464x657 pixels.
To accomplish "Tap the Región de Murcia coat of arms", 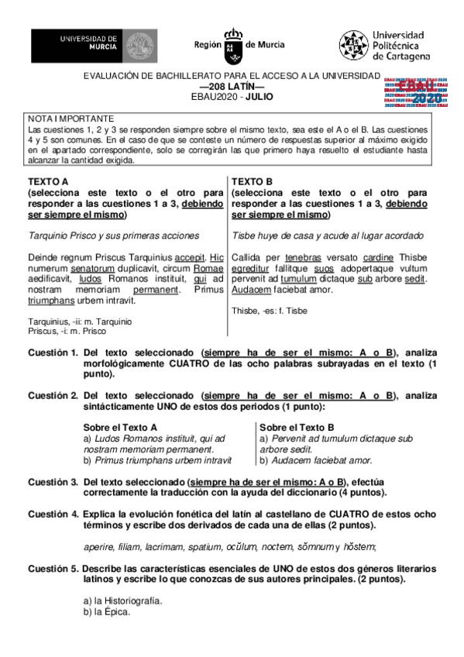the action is tap(230, 46).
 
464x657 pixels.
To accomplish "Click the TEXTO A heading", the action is tap(49, 181).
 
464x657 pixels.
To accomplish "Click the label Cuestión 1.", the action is tap(53, 353).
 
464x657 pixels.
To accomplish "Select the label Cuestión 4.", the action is tap(53, 514).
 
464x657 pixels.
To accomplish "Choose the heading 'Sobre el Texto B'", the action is tap(297, 427).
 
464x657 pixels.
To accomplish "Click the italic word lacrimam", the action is tap(163, 548).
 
